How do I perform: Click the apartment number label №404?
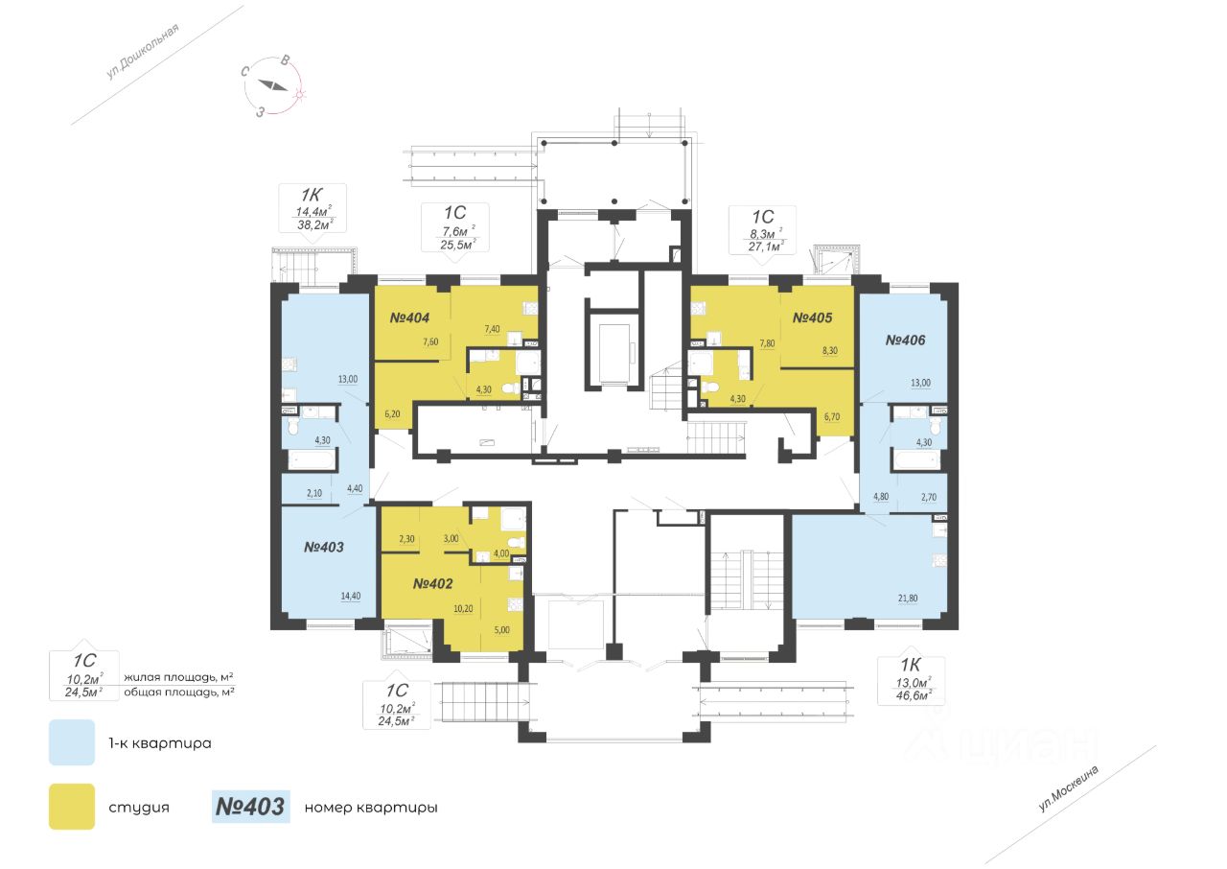(409, 317)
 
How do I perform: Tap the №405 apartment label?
(812, 317)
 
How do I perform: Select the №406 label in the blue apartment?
(906, 341)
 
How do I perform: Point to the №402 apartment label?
(432, 583)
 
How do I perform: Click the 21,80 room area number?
(908, 599)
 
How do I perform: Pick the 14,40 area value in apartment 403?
(351, 597)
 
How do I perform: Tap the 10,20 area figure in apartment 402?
(463, 608)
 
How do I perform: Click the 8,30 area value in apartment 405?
(830, 351)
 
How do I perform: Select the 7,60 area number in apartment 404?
(430, 341)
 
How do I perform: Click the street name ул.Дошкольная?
(143, 51)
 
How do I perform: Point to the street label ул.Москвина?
(1069, 789)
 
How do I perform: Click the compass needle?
(273, 85)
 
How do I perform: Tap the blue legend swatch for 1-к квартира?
(72, 742)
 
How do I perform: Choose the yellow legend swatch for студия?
(72, 807)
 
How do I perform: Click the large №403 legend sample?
(250, 807)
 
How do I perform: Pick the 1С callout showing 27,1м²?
(762, 230)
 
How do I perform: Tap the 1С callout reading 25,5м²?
(454, 228)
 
